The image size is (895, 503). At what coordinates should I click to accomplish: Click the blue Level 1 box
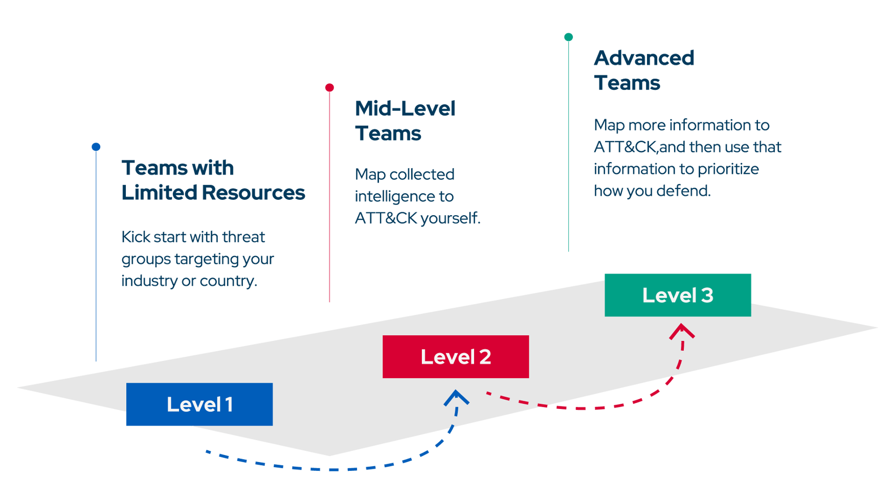199,404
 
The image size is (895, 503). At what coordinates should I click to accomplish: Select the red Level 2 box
455,357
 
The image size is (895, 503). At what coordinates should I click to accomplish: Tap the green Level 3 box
677,295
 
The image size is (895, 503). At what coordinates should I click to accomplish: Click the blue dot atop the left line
96,147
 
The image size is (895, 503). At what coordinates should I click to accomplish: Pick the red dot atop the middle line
329,88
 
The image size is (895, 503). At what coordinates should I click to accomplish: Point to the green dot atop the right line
568,37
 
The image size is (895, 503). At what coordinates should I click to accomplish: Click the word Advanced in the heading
644,58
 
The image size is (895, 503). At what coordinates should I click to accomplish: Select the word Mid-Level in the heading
405,108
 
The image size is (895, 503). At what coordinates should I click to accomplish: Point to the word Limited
159,193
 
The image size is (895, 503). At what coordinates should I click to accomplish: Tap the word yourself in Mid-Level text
450,218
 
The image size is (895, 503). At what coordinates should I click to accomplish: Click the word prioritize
728,169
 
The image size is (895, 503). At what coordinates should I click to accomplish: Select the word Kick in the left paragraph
136,237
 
